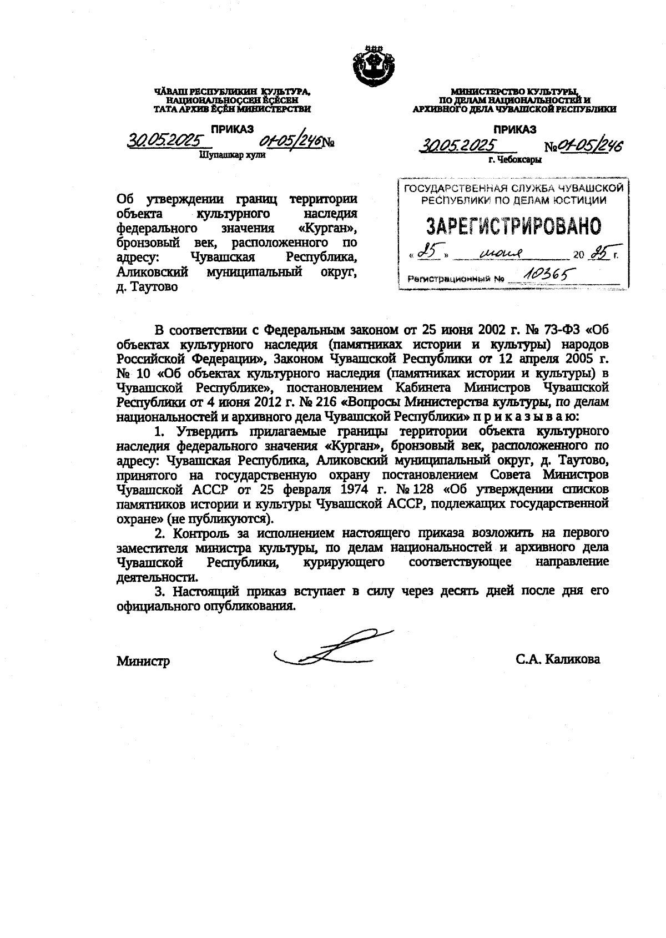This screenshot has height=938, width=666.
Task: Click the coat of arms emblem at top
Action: pyautogui.click(x=372, y=65)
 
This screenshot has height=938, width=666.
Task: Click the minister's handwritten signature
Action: pyautogui.click(x=333, y=648)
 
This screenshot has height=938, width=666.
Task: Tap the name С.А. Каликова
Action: pyautogui.click(x=557, y=659)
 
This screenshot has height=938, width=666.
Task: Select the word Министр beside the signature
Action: pyautogui.click(x=143, y=662)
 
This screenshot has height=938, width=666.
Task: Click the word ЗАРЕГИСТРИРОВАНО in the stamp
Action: pyautogui.click(x=513, y=226)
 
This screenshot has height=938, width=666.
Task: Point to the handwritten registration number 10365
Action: pyautogui.click(x=544, y=274)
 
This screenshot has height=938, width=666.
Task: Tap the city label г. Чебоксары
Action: pyautogui.click(x=515, y=159)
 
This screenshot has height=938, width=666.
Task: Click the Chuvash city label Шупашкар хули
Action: pyautogui.click(x=232, y=155)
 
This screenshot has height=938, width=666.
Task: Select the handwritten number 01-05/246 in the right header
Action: pyautogui.click(x=591, y=146)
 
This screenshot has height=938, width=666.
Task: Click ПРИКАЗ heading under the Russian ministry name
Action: pyautogui.click(x=515, y=130)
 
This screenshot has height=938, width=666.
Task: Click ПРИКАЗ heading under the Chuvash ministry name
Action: pyautogui.click(x=232, y=129)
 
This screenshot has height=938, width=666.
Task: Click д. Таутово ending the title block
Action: pyautogui.click(x=147, y=287)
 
